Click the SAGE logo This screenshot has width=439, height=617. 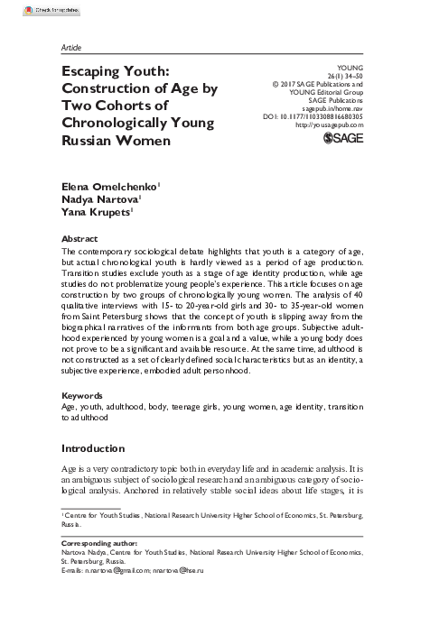click(x=343, y=139)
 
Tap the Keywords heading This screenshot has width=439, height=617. click(x=82, y=396)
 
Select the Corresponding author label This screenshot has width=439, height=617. click(x=99, y=546)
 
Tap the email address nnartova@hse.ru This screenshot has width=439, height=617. click(x=194, y=571)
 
